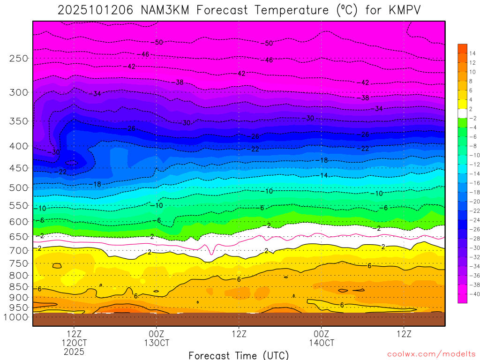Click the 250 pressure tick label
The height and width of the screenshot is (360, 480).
pos(18,58)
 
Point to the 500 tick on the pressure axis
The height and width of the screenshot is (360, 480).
pos(18,187)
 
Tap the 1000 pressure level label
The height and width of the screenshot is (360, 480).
pos(16,317)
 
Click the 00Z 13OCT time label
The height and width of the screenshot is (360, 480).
pos(157,338)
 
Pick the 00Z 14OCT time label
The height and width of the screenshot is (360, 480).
pos(321,338)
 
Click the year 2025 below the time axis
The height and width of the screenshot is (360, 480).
pos(74,351)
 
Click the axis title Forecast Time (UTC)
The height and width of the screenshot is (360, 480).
pos(239,355)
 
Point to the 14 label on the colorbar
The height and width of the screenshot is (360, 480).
pos(472,53)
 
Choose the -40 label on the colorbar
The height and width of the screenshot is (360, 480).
pos(473,294)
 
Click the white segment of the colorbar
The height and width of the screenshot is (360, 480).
pos(462,113)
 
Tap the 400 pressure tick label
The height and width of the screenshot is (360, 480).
pos(18,146)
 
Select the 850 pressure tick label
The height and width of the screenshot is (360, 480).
pos(18,286)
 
